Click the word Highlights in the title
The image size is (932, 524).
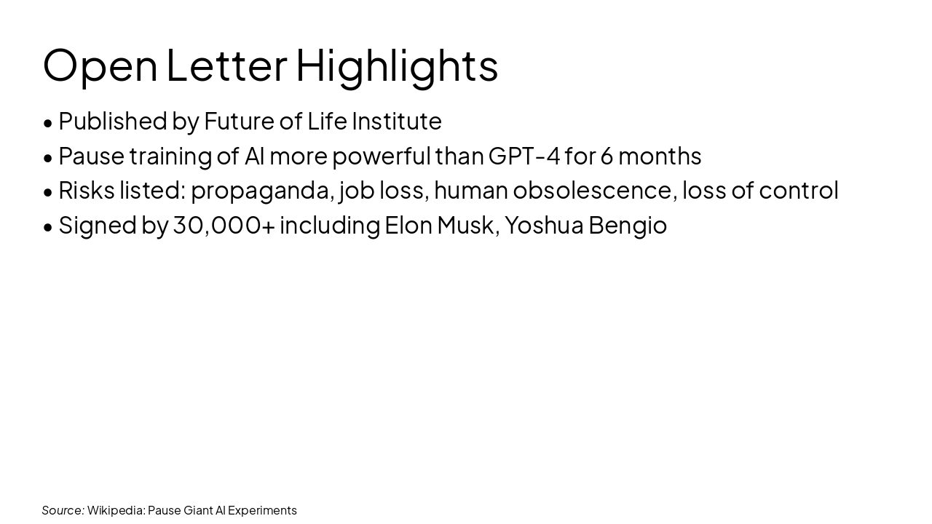coord(397,65)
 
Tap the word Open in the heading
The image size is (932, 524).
coord(100,65)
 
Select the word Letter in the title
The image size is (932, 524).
coord(226,65)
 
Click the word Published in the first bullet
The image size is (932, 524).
coord(113,121)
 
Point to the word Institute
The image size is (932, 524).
coord(397,121)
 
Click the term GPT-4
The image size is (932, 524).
coord(524,156)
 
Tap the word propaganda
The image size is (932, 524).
coord(262,191)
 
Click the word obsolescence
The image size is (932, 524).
coord(592,190)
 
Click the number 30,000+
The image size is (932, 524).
coord(224,226)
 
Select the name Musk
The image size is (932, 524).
coord(465,226)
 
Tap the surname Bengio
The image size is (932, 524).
coord(628,226)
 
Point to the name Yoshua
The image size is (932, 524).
coord(544,226)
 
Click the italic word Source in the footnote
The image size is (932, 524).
coord(63,510)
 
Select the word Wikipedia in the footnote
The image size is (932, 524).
coord(116,510)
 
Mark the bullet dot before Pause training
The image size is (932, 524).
coord(48,157)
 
